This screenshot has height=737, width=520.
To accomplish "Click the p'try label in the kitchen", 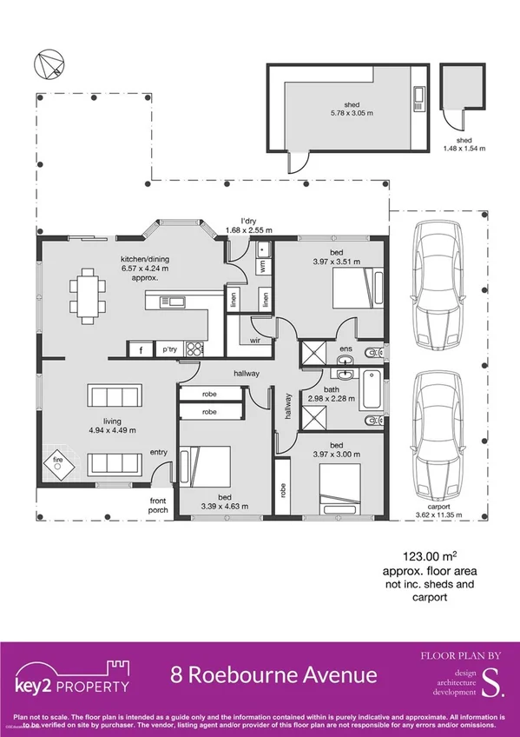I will coord(169,349).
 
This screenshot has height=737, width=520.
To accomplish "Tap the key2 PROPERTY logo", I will coord(73,676).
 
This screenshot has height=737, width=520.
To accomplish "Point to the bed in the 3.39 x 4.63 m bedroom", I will coord(204,474).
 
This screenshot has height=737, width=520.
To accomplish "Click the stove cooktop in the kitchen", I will coord(195,349).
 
